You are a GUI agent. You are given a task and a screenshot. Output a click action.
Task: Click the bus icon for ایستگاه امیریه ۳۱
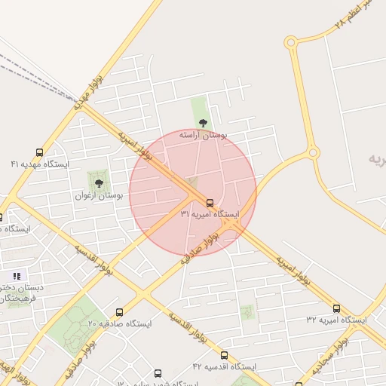pos(210,203)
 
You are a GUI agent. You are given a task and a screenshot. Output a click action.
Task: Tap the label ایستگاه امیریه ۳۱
pos(210,215)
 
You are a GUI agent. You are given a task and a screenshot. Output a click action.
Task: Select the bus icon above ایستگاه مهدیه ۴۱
pos(39,152)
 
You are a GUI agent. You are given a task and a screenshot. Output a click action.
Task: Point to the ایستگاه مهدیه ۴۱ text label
pos(39,164)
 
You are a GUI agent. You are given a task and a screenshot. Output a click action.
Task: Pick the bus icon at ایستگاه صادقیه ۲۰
pos(119,312)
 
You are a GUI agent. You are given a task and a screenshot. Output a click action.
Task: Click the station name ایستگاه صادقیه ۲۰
pos(119,323)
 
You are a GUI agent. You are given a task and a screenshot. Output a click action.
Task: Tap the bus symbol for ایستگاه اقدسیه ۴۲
pos(224,355)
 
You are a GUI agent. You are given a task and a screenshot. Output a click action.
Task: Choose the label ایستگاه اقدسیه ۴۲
pos(224,366)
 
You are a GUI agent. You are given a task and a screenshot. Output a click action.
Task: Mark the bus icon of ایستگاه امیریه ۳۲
pos(336,308)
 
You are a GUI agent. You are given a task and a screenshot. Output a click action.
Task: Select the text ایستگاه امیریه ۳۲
pos(336,320)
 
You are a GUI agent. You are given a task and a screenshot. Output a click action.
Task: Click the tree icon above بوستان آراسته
pos(202,123)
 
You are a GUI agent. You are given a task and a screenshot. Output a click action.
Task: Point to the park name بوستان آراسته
pos(202,134)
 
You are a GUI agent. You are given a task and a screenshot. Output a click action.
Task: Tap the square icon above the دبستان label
pos(17,275)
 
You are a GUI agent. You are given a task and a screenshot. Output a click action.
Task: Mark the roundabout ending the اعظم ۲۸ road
pos(291,43)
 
